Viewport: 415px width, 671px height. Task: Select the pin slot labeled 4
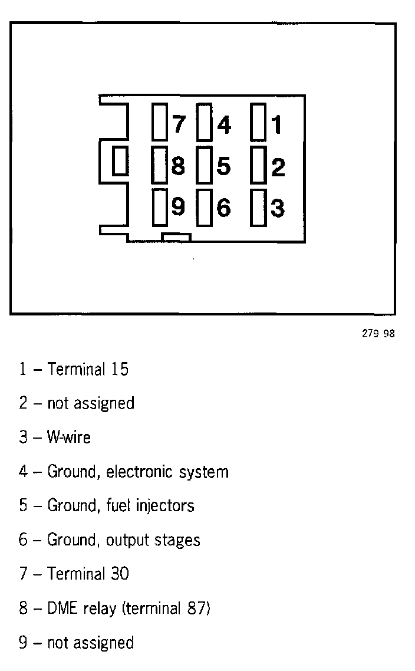(x=204, y=123)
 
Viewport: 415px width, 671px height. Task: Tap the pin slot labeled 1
(x=258, y=123)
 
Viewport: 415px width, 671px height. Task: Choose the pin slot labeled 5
(x=204, y=165)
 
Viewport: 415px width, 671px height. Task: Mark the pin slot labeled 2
(x=258, y=165)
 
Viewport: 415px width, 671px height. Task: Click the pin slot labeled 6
(x=204, y=207)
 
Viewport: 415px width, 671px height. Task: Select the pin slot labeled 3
(x=258, y=207)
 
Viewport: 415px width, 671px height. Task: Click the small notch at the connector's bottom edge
(x=177, y=237)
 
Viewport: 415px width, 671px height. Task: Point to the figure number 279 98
(x=378, y=334)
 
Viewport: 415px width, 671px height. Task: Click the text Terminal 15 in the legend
(x=88, y=370)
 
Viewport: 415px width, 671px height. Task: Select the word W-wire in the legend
(x=69, y=438)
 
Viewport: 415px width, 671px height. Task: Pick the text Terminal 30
(x=88, y=574)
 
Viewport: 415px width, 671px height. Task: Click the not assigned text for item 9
(x=90, y=642)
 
